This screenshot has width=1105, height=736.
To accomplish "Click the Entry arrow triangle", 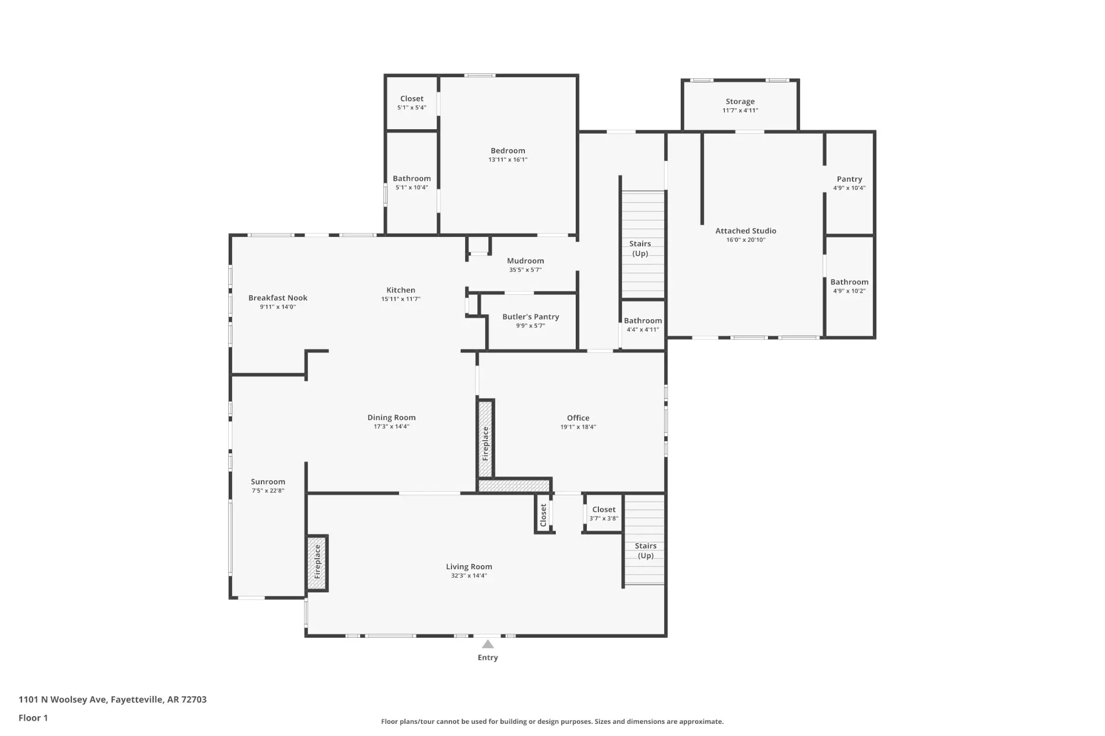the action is pos(488,644).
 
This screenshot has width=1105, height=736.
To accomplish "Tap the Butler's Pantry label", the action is pos(530,317).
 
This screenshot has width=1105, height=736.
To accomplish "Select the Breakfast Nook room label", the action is pos(278,298).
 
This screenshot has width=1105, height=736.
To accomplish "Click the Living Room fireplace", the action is pos(318,563).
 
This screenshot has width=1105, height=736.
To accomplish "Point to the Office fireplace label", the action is pos(486,444).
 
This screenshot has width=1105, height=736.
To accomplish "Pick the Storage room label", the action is pos(740,102).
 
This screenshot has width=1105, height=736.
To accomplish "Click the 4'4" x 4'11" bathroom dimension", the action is pos(643,330).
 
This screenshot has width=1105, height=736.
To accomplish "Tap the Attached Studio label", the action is pos(746,231).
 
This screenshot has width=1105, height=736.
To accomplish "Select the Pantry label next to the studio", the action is pos(849,179).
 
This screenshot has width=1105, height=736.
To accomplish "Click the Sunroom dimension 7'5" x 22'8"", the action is pos(268,490).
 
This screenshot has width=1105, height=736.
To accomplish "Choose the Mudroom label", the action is pos(525,261).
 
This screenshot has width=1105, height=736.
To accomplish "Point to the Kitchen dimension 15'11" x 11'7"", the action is pos(401,299).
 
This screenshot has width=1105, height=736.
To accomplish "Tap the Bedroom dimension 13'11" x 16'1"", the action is pos(508,160).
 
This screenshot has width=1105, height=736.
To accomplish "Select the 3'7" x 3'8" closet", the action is pos(604,513).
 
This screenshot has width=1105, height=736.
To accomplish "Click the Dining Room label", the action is pos(392,417).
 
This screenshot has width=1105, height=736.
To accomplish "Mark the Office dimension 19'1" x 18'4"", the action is pos(578,427).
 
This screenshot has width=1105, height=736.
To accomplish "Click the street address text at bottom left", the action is pos(113,700).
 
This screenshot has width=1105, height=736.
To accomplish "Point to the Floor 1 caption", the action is pos(33,718).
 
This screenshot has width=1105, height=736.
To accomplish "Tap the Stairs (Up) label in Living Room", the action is pos(645,550).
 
